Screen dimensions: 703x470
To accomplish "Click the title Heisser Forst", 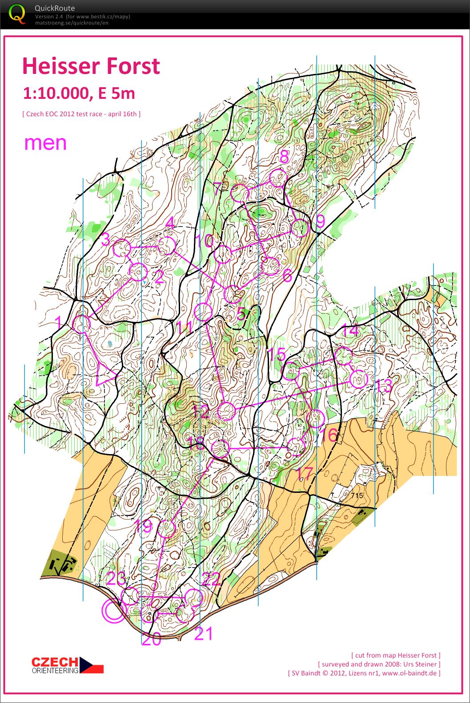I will coord(91,66).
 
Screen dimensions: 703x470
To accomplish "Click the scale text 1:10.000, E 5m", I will coord(79,93).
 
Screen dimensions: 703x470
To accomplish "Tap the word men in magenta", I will coord(45,143).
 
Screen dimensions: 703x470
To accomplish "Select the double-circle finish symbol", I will coord(114,610).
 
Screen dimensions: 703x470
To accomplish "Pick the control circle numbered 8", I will coord(277,178).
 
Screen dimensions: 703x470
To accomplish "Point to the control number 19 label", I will coord(144,527).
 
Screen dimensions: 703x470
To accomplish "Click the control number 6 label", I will coord(287,276).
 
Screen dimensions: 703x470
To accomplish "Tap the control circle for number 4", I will coord(167,246).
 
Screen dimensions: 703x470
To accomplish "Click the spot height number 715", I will coord(357,496).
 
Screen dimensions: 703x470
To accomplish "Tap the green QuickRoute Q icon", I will coord(17,13).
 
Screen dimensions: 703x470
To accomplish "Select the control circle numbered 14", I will coord(343,356).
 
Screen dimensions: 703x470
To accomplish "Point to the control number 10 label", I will coord(205,241).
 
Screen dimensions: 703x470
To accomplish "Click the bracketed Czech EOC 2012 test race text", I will coord(81,114).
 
